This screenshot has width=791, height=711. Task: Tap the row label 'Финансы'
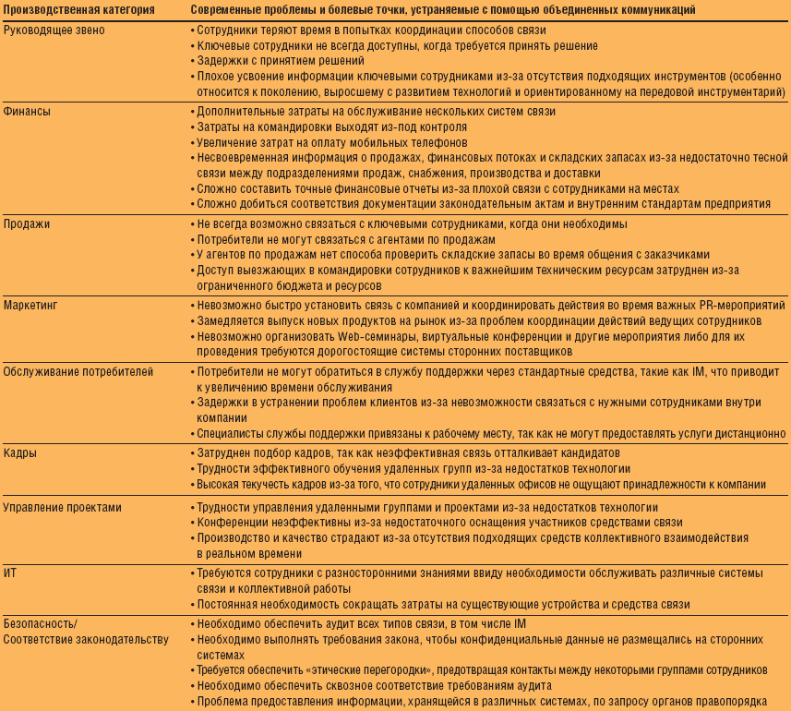[x=28, y=111]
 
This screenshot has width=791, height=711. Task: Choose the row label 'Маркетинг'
[x=33, y=305]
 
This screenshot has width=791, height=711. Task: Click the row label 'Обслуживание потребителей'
[x=78, y=371]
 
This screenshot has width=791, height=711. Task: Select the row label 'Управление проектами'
[x=63, y=508]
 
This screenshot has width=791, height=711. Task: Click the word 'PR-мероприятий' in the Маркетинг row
[x=739, y=305]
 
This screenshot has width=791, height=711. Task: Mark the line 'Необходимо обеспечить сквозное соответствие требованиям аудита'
[x=374, y=685]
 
